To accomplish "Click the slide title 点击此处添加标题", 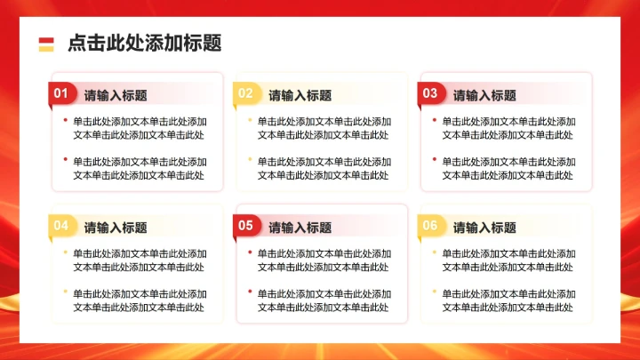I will click(144, 43).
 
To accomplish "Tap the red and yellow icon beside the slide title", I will click(46, 44).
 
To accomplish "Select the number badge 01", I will click(61, 93).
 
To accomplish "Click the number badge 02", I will click(246, 93).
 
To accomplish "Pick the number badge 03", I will click(430, 93).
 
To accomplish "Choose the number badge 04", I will click(61, 226).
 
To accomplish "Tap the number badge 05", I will click(246, 226).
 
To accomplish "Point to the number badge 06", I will click(430, 226).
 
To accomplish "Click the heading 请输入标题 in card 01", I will click(116, 95).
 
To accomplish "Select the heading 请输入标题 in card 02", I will click(300, 95).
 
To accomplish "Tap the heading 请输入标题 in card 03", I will click(484, 95).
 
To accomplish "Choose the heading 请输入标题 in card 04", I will click(116, 228).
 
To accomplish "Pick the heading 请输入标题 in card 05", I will click(300, 228).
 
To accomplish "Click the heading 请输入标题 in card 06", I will click(484, 228).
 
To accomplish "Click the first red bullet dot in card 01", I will click(65, 119).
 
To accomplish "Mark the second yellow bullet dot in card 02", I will click(250, 160).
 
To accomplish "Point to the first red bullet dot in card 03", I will click(435, 119).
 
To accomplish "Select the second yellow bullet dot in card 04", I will click(65, 292).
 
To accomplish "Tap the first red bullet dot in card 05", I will click(250, 252).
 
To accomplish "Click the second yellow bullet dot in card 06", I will click(435, 292).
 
